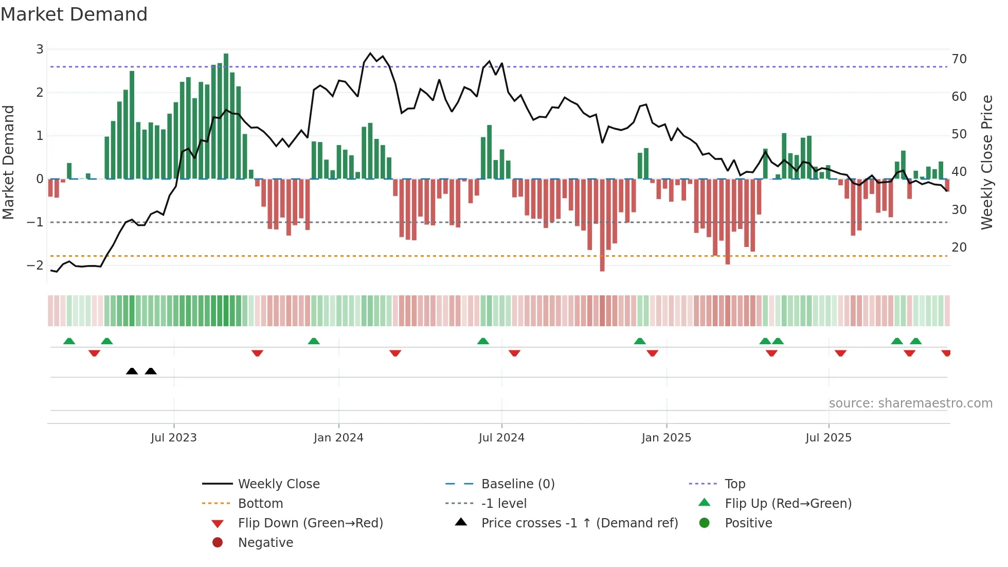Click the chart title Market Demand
(74, 14)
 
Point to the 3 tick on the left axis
(40, 49)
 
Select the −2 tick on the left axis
(35, 265)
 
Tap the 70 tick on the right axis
(959, 59)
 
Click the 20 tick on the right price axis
(959, 247)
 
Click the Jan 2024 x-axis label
(338, 438)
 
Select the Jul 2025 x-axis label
(829, 438)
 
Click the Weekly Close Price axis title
(986, 162)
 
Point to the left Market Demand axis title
(9, 162)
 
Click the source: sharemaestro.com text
(910, 403)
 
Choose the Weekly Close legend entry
(278, 484)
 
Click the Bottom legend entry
(260, 504)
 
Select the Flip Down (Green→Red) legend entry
(310, 523)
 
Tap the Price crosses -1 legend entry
(579, 523)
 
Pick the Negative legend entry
(265, 543)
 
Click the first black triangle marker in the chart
(132, 371)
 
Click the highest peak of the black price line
(370, 54)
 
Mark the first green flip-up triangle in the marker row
(69, 341)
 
